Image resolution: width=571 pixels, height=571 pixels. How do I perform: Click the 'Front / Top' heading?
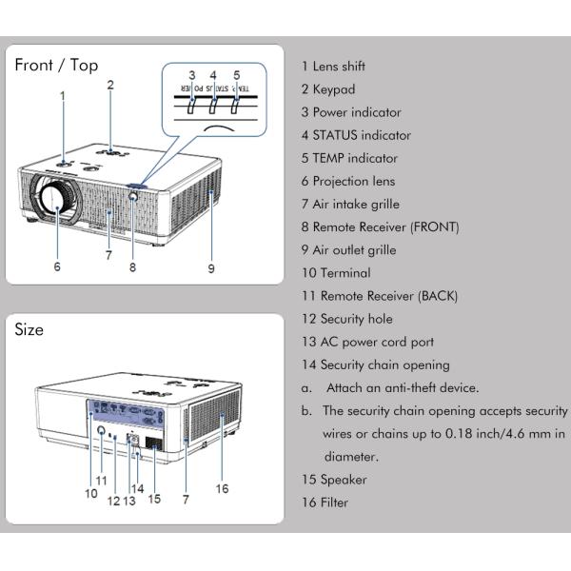[56, 65]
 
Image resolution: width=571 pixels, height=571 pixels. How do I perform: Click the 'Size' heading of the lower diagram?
[30, 329]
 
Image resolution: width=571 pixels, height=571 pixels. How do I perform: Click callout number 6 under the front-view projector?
[57, 267]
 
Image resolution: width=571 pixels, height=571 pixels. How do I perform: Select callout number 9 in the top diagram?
[211, 268]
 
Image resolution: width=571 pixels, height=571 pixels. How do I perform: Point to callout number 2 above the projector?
[110, 85]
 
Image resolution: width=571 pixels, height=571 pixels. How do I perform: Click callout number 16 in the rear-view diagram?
[222, 488]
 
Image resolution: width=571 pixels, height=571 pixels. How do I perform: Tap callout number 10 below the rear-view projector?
[90, 493]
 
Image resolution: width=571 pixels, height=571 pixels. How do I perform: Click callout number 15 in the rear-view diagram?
[154, 499]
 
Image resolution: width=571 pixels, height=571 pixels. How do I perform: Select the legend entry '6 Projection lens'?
[347, 181]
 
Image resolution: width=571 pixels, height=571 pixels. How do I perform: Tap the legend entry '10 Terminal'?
[334, 273]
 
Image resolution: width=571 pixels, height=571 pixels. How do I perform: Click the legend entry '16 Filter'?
[325, 502]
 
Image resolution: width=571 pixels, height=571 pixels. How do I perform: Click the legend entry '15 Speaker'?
[333, 480]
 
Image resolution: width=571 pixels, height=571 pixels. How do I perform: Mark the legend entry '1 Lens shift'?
[333, 67]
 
